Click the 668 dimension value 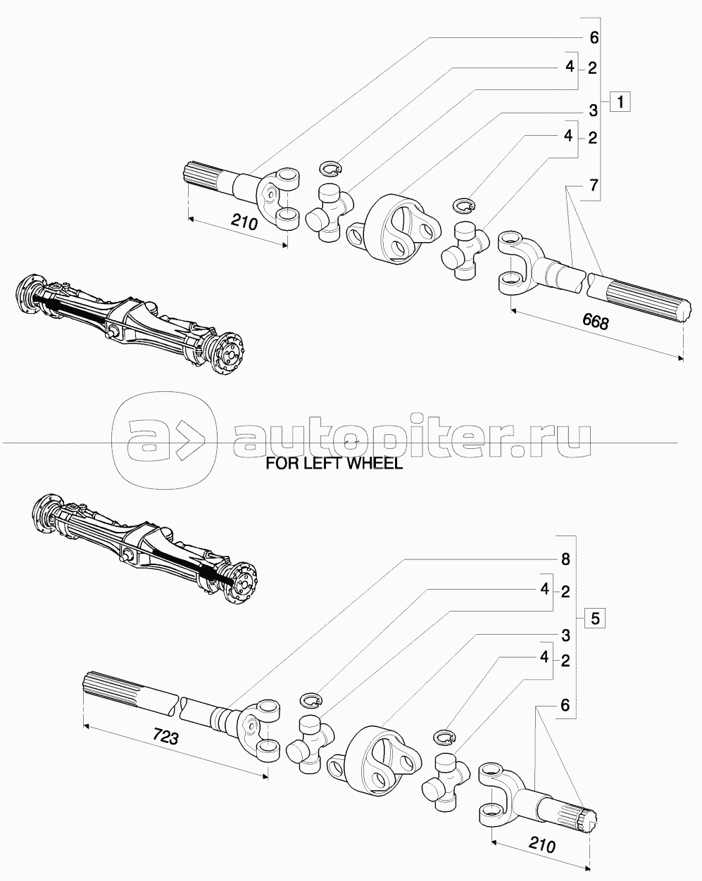click(x=596, y=322)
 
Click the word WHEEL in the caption click(x=372, y=464)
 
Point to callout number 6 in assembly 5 click(x=565, y=704)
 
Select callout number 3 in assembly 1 click(x=593, y=110)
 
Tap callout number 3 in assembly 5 click(x=565, y=635)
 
